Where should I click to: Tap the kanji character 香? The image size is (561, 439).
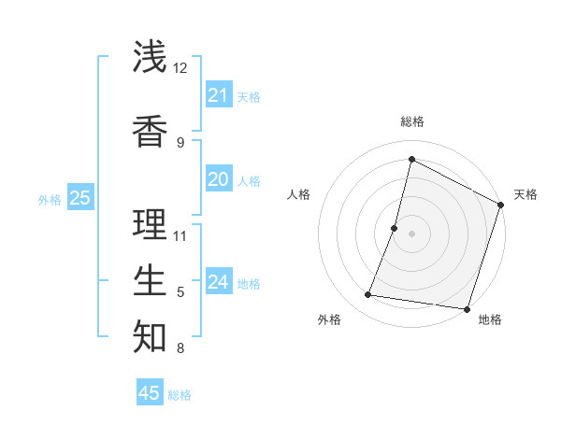coord(150,130)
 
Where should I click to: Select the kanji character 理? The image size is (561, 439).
coord(150,223)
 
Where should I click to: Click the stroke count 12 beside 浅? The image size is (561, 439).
coord(180,68)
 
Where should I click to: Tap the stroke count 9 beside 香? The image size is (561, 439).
coord(180,143)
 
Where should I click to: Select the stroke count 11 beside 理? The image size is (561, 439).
coord(180,235)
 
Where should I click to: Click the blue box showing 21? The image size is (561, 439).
coord(218,95)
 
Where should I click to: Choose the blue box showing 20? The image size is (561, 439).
coord(218,179)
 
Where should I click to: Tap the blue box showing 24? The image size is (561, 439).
coord(218,282)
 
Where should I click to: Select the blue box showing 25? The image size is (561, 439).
coord(79,198)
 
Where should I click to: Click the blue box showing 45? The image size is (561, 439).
coord(150,393)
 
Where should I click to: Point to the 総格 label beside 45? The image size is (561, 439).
coord(180,395)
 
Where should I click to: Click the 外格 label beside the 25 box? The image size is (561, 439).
coord(50,199)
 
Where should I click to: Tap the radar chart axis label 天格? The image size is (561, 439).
coord(525,194)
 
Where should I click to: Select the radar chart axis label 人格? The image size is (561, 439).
coord(298,194)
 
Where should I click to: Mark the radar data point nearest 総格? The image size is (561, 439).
coord(411,160)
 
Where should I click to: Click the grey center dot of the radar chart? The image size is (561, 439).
coord(411,233)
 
